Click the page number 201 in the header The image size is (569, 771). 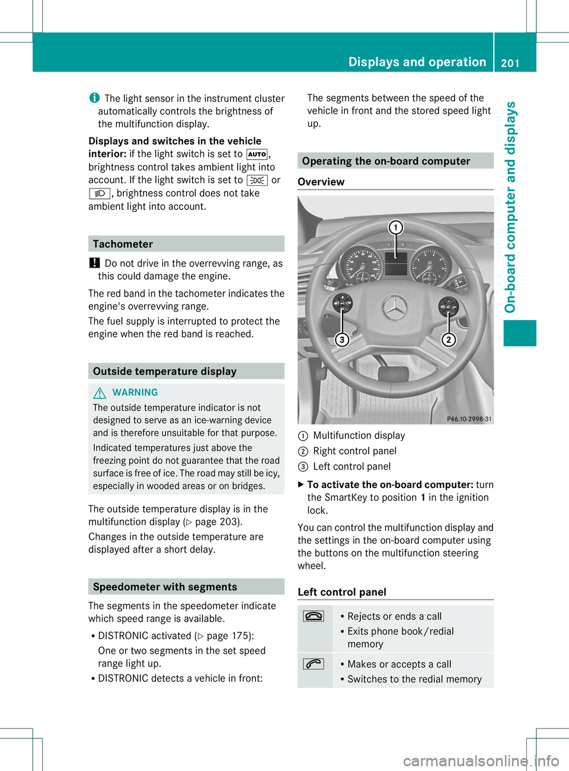(510, 63)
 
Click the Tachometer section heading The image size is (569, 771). (123, 244)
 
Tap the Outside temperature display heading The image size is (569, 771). (165, 371)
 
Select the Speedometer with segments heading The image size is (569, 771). (165, 587)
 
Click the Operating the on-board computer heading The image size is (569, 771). (386, 161)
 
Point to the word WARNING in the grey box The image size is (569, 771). (135, 392)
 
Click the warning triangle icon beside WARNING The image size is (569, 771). (100, 392)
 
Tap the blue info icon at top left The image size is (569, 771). (94, 98)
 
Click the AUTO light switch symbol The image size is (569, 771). (257, 154)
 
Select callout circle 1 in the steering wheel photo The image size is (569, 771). (395, 227)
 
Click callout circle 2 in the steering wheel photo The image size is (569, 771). (449, 339)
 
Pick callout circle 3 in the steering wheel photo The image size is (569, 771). (342, 339)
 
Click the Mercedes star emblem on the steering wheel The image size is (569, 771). (394, 308)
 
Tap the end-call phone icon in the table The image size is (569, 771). (314, 616)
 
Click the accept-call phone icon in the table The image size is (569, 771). (314, 664)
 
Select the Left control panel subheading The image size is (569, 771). (342, 592)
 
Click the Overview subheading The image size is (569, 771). (321, 182)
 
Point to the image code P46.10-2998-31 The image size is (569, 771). (469, 419)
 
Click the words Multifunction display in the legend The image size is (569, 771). (359, 436)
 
